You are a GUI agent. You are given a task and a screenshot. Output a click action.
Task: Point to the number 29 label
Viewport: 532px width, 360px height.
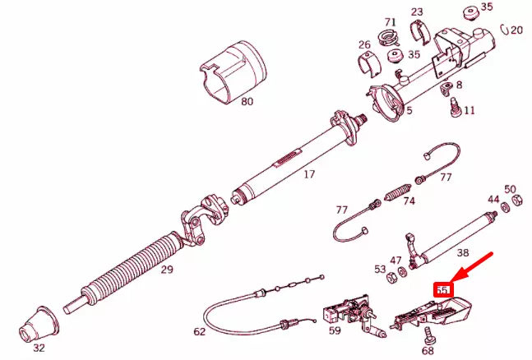pyautogui.click(x=167, y=269)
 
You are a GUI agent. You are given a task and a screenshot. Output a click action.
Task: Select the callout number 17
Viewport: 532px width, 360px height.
pyautogui.click(x=309, y=174)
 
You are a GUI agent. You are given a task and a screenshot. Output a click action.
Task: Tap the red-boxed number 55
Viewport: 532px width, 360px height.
pyautogui.click(x=443, y=290)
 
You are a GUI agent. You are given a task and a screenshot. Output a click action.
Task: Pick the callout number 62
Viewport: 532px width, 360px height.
pyautogui.click(x=200, y=333)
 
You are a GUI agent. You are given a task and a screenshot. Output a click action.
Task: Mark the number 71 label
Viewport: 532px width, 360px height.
pyautogui.click(x=390, y=22)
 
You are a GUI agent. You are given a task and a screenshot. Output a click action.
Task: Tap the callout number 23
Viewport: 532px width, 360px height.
pyautogui.click(x=417, y=12)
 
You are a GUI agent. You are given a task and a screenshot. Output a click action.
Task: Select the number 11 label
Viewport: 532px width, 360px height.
pyautogui.click(x=469, y=110)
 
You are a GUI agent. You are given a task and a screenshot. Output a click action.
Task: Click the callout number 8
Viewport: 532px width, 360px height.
pyautogui.click(x=458, y=85)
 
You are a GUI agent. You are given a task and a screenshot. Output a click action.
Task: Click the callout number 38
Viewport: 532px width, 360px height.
pyautogui.click(x=463, y=255)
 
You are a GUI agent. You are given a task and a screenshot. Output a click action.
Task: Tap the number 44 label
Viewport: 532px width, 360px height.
pyautogui.click(x=493, y=200)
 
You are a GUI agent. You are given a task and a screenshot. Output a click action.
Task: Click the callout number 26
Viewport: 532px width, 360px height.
pyautogui.click(x=363, y=44)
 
